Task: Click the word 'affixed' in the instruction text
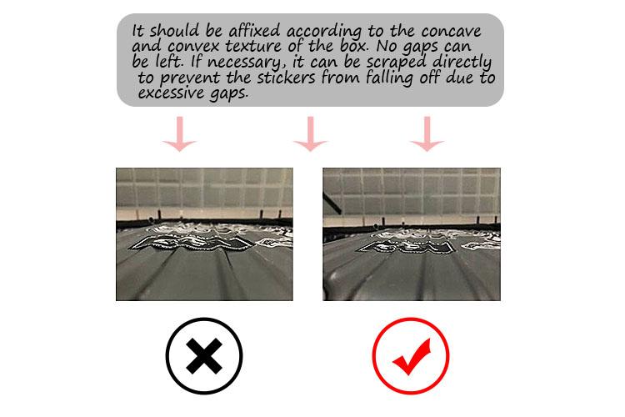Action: (254, 30)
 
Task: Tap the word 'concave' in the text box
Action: (451, 31)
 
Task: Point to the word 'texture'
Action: (254, 46)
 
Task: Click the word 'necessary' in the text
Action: (243, 63)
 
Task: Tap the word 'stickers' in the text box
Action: (286, 77)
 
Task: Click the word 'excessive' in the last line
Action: (171, 93)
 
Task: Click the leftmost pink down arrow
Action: (179, 134)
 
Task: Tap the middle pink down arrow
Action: (311, 134)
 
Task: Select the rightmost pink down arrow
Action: (427, 134)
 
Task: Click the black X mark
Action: (204, 356)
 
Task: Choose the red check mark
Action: (412, 357)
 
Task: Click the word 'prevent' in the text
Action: (190, 78)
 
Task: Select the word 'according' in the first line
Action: (324, 32)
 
